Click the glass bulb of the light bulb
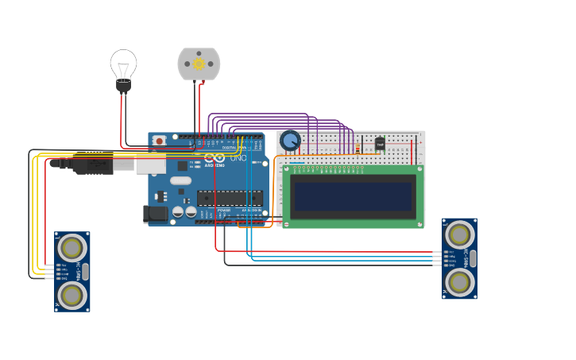123,64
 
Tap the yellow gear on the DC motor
199,64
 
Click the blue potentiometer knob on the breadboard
291,141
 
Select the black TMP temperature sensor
380,144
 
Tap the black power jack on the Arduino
155,213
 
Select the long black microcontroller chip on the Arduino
230,198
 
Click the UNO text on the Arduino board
238,158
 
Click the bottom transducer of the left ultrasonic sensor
72,295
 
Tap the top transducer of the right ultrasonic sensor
459,234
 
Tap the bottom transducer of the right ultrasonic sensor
459,282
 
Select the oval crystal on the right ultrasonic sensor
473,258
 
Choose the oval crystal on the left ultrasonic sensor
85,272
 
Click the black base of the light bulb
123,86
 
